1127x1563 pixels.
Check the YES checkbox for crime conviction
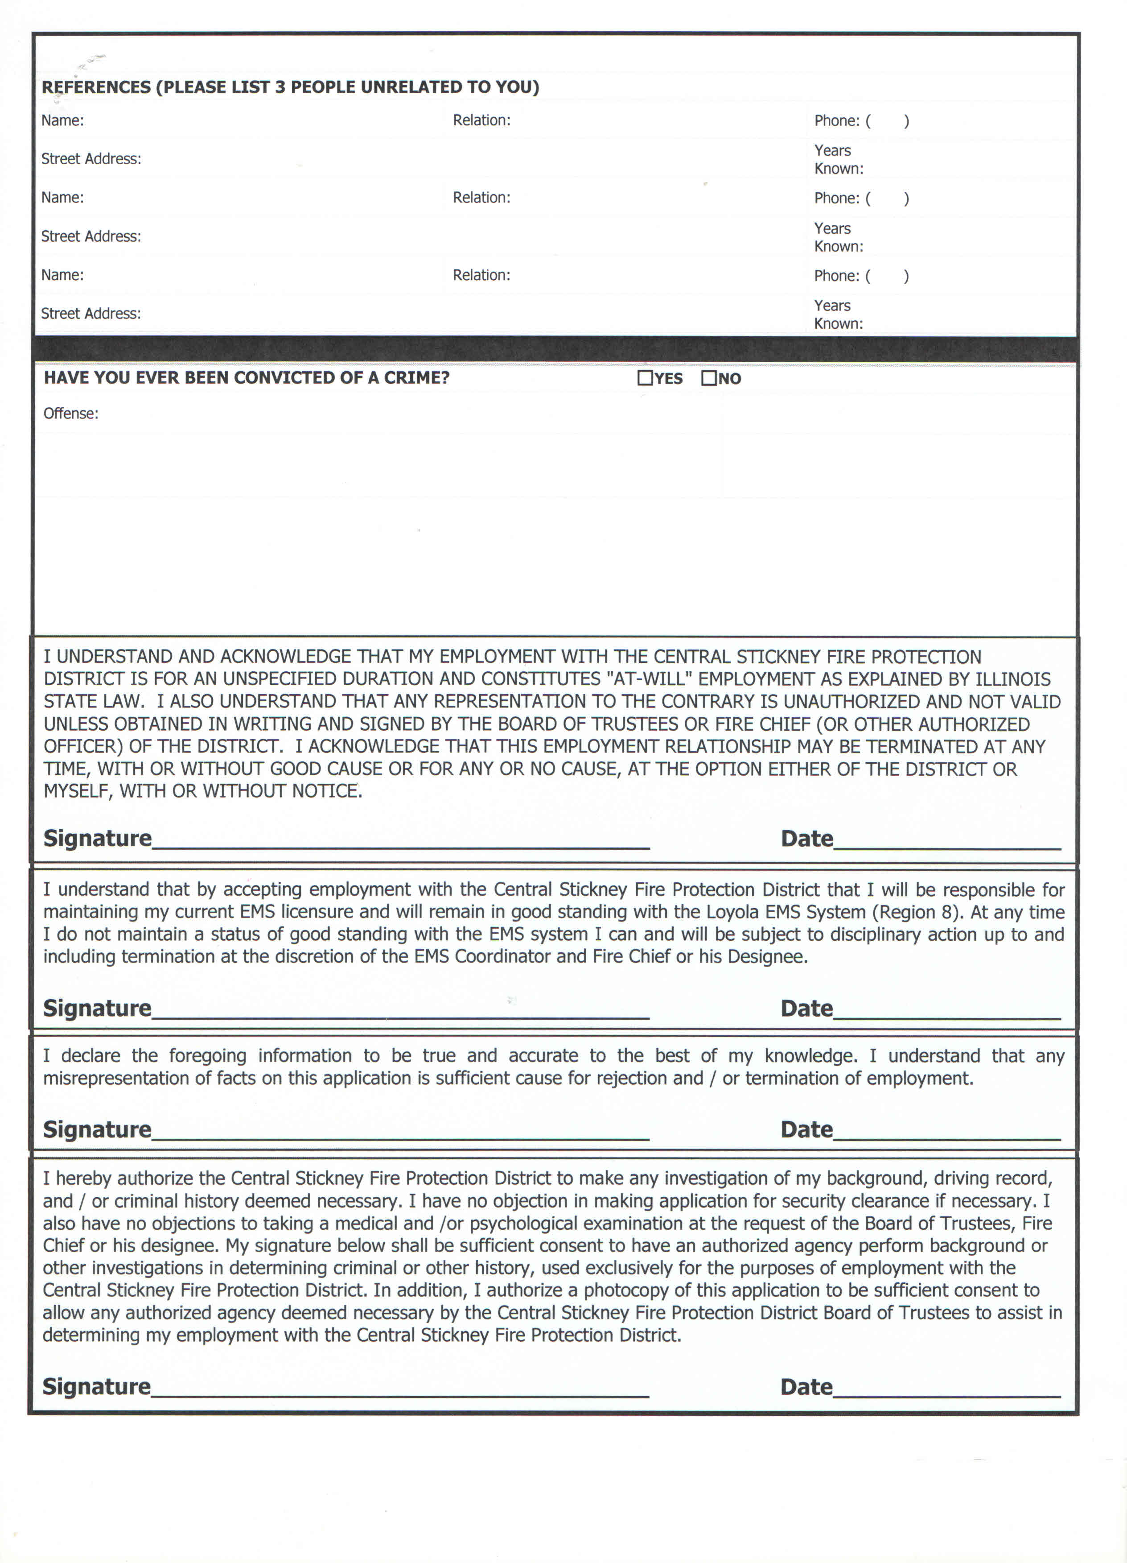pos(645,378)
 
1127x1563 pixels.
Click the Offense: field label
pos(71,413)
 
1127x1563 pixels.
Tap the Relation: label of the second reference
pos(481,198)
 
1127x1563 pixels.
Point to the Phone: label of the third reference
pos(836,276)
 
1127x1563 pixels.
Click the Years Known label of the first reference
pos(839,159)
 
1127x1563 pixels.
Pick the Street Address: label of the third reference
pos(91,314)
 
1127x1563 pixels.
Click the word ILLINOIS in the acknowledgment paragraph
pos(1012,679)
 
